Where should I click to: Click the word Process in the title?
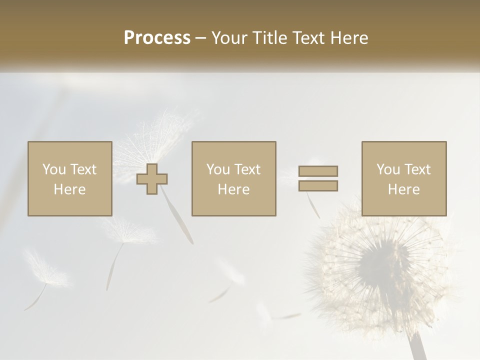click(157, 38)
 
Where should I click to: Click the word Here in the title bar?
click(350, 38)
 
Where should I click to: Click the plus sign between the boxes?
click(152, 179)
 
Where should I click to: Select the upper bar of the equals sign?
click(318, 171)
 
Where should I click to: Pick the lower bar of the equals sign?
click(318, 186)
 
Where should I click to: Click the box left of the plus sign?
click(70, 178)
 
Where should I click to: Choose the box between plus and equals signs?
click(233, 178)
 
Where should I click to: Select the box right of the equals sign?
click(404, 178)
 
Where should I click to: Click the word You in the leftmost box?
click(53, 169)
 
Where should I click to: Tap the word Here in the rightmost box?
click(404, 189)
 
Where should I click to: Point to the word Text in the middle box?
click(247, 169)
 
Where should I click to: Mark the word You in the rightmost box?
click(388, 169)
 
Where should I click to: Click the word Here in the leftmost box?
click(70, 189)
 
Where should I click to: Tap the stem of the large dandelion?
click(417, 348)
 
